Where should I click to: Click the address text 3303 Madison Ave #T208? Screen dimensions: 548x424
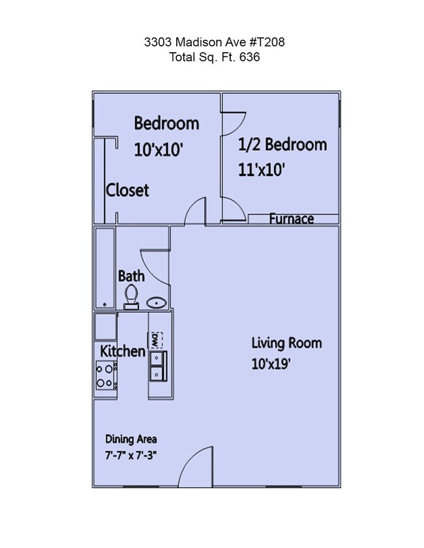(215, 42)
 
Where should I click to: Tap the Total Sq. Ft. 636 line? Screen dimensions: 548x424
(215, 57)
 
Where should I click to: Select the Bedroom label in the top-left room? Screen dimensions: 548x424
(166, 123)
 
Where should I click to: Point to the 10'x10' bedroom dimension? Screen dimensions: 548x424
(158, 150)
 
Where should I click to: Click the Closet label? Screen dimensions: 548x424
(128, 190)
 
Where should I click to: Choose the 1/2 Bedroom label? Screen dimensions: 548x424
(282, 144)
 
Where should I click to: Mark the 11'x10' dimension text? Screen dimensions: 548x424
(262, 170)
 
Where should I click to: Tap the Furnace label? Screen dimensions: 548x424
(292, 219)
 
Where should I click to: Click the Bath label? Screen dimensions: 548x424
(131, 276)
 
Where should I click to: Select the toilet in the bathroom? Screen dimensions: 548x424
(132, 296)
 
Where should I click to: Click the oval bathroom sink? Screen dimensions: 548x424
(156, 302)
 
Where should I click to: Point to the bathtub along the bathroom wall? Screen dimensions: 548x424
(104, 267)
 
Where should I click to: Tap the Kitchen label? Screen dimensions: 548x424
(122, 351)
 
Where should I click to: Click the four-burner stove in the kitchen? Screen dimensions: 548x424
(104, 376)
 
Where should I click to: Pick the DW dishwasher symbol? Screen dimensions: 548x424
(155, 339)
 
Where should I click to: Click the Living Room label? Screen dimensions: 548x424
(286, 343)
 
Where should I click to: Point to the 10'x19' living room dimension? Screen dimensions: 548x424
(271, 364)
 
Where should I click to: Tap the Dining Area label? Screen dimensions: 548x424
(130, 439)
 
